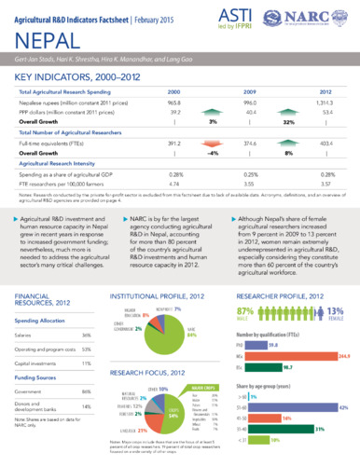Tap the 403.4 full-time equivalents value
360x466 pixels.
(324, 144)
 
